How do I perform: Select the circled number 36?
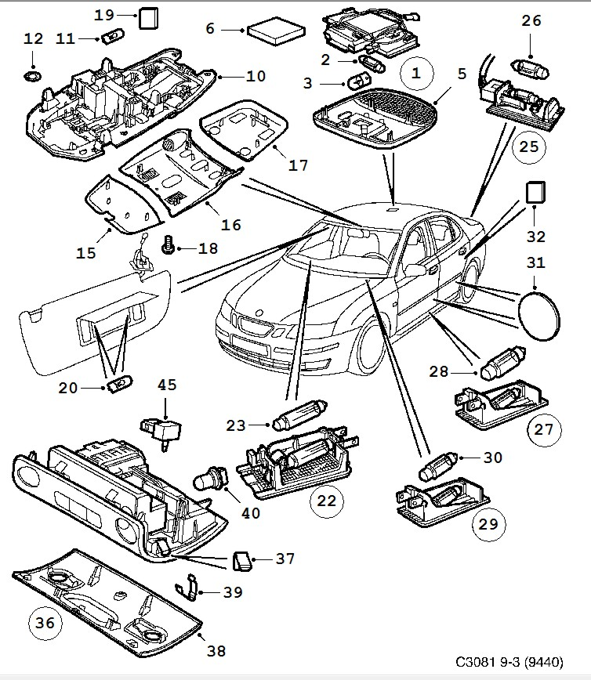(x=45, y=623)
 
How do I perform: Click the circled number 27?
(x=543, y=429)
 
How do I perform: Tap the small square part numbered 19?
(x=147, y=17)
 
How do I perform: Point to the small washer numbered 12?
(x=32, y=76)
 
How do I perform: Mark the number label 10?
(x=256, y=76)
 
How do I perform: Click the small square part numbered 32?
(x=535, y=193)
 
